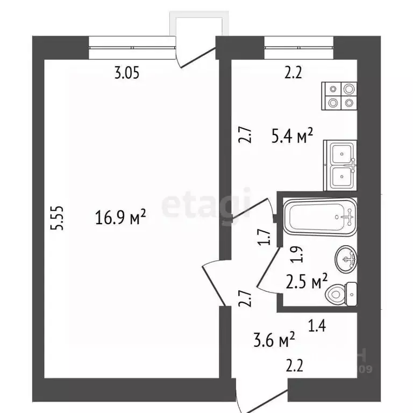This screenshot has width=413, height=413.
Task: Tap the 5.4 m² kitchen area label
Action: click(292, 138)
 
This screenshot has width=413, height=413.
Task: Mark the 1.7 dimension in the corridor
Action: click(264, 237)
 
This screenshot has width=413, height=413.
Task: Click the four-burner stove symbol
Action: click(339, 95)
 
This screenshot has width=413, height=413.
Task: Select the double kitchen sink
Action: click(340, 165)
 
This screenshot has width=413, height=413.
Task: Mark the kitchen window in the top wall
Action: click(299, 46)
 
